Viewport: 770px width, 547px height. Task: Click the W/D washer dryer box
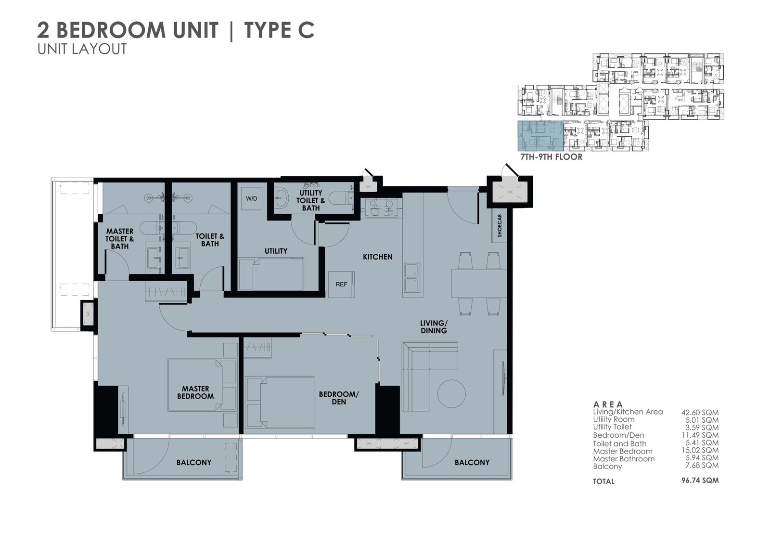point(252,198)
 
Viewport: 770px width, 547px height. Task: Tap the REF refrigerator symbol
point(341,285)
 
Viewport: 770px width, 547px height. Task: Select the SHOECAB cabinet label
point(500,226)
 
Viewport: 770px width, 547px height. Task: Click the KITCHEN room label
point(377,257)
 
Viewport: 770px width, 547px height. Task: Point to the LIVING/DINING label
point(434,327)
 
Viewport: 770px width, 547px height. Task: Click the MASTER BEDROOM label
point(195,392)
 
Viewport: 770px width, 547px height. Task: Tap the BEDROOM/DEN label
point(339,398)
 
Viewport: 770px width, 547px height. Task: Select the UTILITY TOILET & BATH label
point(311,201)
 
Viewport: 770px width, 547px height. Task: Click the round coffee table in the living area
point(451,393)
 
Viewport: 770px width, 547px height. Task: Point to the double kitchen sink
point(412,278)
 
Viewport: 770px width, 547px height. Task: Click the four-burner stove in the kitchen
point(380,208)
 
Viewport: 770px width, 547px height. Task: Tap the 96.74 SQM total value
point(700,480)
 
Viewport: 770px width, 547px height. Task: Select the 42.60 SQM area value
point(700,413)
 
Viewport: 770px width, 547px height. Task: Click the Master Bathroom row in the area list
point(655,458)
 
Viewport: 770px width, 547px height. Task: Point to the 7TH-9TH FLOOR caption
point(552,157)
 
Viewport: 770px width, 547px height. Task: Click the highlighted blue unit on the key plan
point(541,136)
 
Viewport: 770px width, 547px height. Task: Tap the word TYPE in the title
point(267,30)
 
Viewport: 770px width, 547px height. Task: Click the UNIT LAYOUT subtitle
point(82,49)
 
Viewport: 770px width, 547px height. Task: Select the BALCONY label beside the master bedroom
point(194,462)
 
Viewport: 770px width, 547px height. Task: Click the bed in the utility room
point(271,274)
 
